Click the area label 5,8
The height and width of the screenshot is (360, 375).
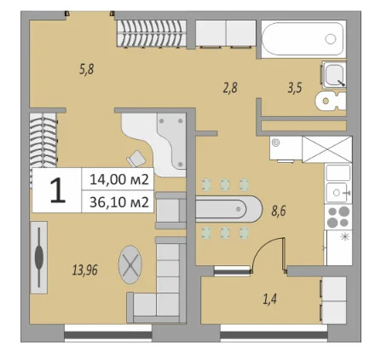click(x=86, y=69)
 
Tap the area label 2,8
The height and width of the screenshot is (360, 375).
click(x=230, y=87)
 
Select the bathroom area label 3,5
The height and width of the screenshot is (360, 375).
click(x=295, y=87)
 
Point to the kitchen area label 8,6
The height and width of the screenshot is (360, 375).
click(x=278, y=210)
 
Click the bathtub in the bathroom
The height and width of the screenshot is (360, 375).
click(x=303, y=38)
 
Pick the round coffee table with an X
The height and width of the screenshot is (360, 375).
click(x=130, y=267)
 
